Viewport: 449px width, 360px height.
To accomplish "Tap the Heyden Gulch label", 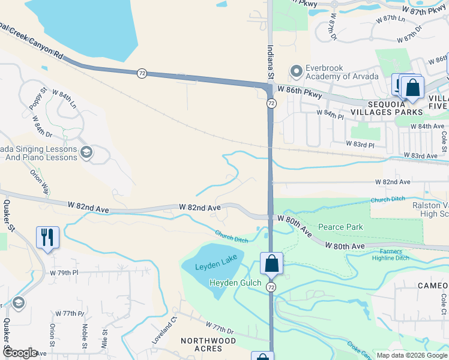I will point(235,283).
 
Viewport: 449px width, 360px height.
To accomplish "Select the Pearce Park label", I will point(340,227).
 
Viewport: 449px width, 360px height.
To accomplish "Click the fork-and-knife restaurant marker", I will point(47,237).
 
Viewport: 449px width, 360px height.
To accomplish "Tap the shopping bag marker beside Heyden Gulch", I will point(271,263).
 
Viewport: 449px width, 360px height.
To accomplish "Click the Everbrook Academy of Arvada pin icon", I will point(295,71).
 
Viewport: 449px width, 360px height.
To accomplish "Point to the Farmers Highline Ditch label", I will point(394,254).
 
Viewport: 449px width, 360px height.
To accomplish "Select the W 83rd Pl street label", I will point(360,145).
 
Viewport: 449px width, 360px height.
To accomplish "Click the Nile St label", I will point(104,337).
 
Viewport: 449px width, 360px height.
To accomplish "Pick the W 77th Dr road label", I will point(219,328).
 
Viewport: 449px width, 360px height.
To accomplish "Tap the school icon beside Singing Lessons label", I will point(86,153).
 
